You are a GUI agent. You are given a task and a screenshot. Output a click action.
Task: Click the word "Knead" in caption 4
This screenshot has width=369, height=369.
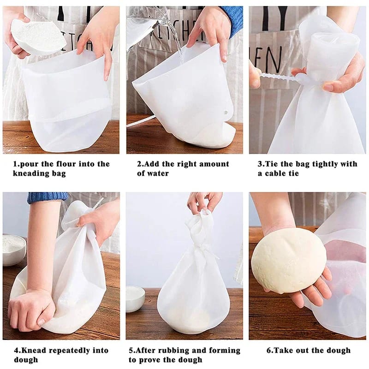pos(37,351)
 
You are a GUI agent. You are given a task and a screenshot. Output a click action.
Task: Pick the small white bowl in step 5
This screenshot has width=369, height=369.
pos(136,297)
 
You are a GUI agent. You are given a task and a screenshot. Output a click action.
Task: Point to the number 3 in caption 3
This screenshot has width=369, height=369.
pos(260,164)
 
